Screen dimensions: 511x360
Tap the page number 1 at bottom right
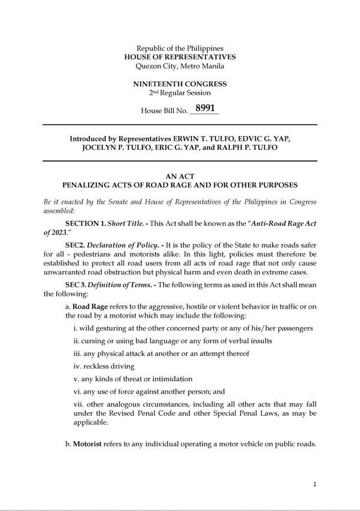tap(314, 484)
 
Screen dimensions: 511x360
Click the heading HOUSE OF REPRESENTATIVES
tap(180, 57)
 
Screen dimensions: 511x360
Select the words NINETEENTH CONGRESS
tap(180, 84)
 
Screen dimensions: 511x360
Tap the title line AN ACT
tap(180, 176)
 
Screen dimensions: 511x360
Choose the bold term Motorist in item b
tap(89, 445)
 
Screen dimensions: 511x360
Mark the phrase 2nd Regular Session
tap(180, 93)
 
